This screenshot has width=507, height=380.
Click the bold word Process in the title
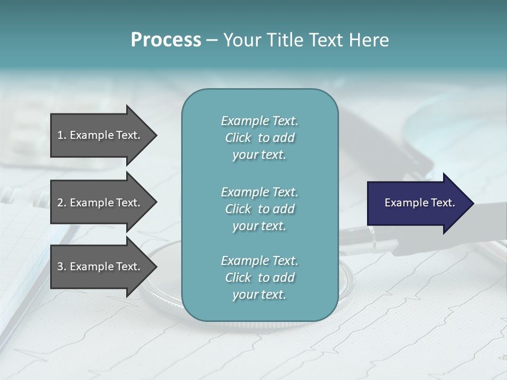[x=166, y=40]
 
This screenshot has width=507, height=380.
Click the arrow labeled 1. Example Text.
[x=100, y=135]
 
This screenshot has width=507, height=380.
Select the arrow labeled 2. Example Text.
[x=100, y=203]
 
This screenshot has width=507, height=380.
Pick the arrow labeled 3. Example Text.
[x=100, y=267]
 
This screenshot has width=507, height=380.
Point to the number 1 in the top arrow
[x=60, y=135]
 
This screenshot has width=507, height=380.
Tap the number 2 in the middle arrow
[x=60, y=203]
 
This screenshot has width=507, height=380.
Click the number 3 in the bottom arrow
[x=60, y=267]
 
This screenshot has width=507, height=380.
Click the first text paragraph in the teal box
[x=259, y=138]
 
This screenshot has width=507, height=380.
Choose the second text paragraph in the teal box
[x=259, y=209]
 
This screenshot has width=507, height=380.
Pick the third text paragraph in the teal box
[x=259, y=278]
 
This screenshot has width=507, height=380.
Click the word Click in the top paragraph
[x=238, y=138]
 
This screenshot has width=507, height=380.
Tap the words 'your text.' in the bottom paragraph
[x=259, y=294]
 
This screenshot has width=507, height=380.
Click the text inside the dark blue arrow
[x=419, y=203]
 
